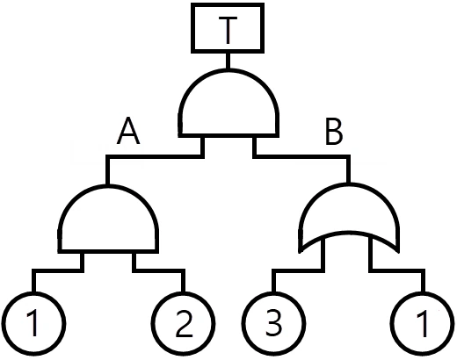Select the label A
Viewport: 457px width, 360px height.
[128, 131]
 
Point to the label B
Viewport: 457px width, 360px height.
[334, 133]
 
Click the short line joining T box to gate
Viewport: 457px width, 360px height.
[228, 61]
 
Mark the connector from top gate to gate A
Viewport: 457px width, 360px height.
[155, 156]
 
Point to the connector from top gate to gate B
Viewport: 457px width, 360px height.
[301, 156]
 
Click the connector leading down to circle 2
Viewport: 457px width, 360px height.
[159, 270]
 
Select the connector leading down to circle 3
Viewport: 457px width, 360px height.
[298, 270]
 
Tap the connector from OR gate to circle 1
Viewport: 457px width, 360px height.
[396, 270]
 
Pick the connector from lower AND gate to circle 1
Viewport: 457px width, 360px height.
[58, 270]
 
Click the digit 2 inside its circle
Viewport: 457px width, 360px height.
[184, 324]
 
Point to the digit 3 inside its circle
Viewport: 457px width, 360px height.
[273, 323]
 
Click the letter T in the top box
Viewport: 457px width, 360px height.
[228, 29]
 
